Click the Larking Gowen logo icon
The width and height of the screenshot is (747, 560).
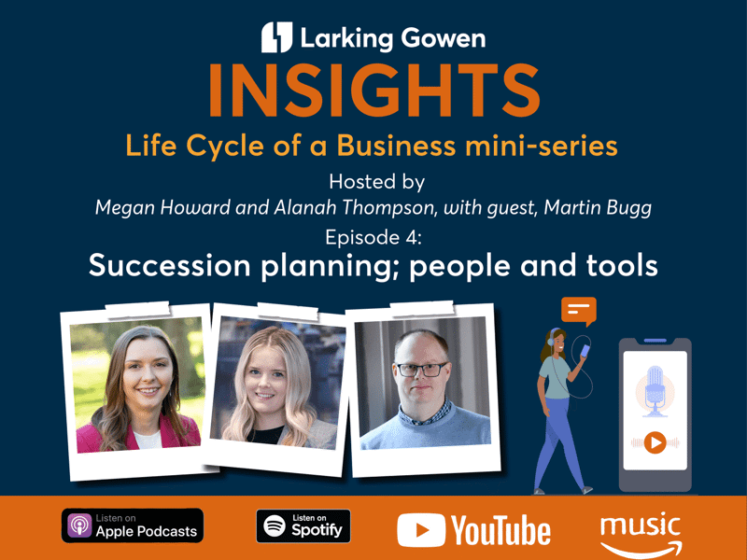(x=276, y=37)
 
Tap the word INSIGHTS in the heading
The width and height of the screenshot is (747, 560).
(x=374, y=91)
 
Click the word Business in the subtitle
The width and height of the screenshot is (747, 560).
(x=396, y=146)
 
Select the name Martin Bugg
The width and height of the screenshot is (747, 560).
(x=598, y=208)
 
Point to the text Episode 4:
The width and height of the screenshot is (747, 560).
(x=373, y=237)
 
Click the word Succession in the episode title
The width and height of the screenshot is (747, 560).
(x=170, y=265)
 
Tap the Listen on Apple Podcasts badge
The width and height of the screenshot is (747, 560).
(x=133, y=525)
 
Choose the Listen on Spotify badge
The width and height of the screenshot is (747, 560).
(x=303, y=526)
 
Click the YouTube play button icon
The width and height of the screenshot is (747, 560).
(x=421, y=530)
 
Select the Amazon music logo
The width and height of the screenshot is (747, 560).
(x=641, y=534)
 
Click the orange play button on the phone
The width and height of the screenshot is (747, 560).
(x=655, y=442)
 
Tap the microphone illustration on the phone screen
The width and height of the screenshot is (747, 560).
(x=655, y=390)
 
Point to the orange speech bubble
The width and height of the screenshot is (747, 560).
(x=579, y=311)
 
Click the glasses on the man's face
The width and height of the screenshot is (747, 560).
(x=422, y=370)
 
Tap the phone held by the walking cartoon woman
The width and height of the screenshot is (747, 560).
(x=585, y=352)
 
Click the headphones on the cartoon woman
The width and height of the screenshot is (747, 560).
(x=551, y=337)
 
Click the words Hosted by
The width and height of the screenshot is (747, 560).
(x=377, y=182)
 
